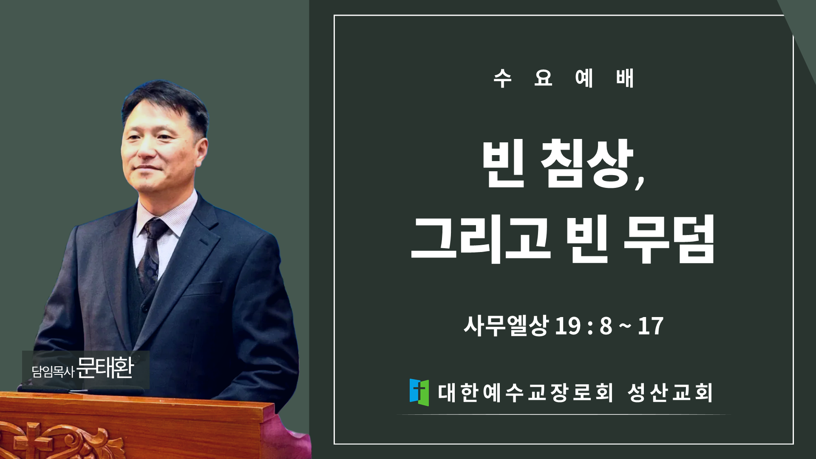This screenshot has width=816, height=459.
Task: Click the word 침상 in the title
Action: tap(587, 164)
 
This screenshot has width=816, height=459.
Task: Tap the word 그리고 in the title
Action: tap(481, 239)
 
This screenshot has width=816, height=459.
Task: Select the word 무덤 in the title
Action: tap(669, 239)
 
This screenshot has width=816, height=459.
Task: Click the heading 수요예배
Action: tap(564, 78)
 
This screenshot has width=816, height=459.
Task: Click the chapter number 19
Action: tap(568, 326)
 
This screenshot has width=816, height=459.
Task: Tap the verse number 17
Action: tap(651, 326)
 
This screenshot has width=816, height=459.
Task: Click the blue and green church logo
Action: tap(419, 392)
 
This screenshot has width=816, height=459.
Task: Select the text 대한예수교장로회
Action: tap(525, 392)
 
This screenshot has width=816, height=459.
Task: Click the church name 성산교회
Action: tap(670, 392)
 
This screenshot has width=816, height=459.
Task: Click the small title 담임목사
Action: tap(53, 371)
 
